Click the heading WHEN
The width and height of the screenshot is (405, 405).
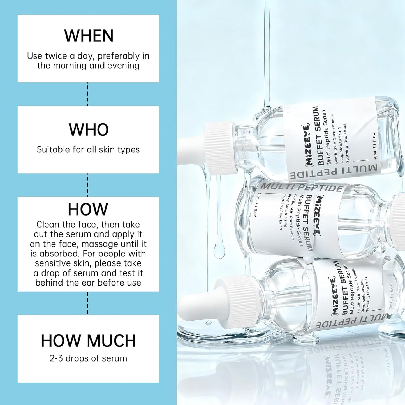tap(89, 36)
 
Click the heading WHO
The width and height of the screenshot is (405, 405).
tap(89, 129)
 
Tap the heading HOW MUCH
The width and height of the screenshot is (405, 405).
tap(89, 341)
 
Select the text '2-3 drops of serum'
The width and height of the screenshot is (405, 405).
tap(88, 358)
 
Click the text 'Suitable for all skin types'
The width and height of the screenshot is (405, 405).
tap(88, 150)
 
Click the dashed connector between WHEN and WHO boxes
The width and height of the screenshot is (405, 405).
tap(87, 94)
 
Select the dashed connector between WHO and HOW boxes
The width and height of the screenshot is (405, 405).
tap(87, 185)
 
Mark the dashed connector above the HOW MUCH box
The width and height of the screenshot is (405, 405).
tap(87, 303)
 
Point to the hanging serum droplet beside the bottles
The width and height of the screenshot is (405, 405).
tap(219, 249)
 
